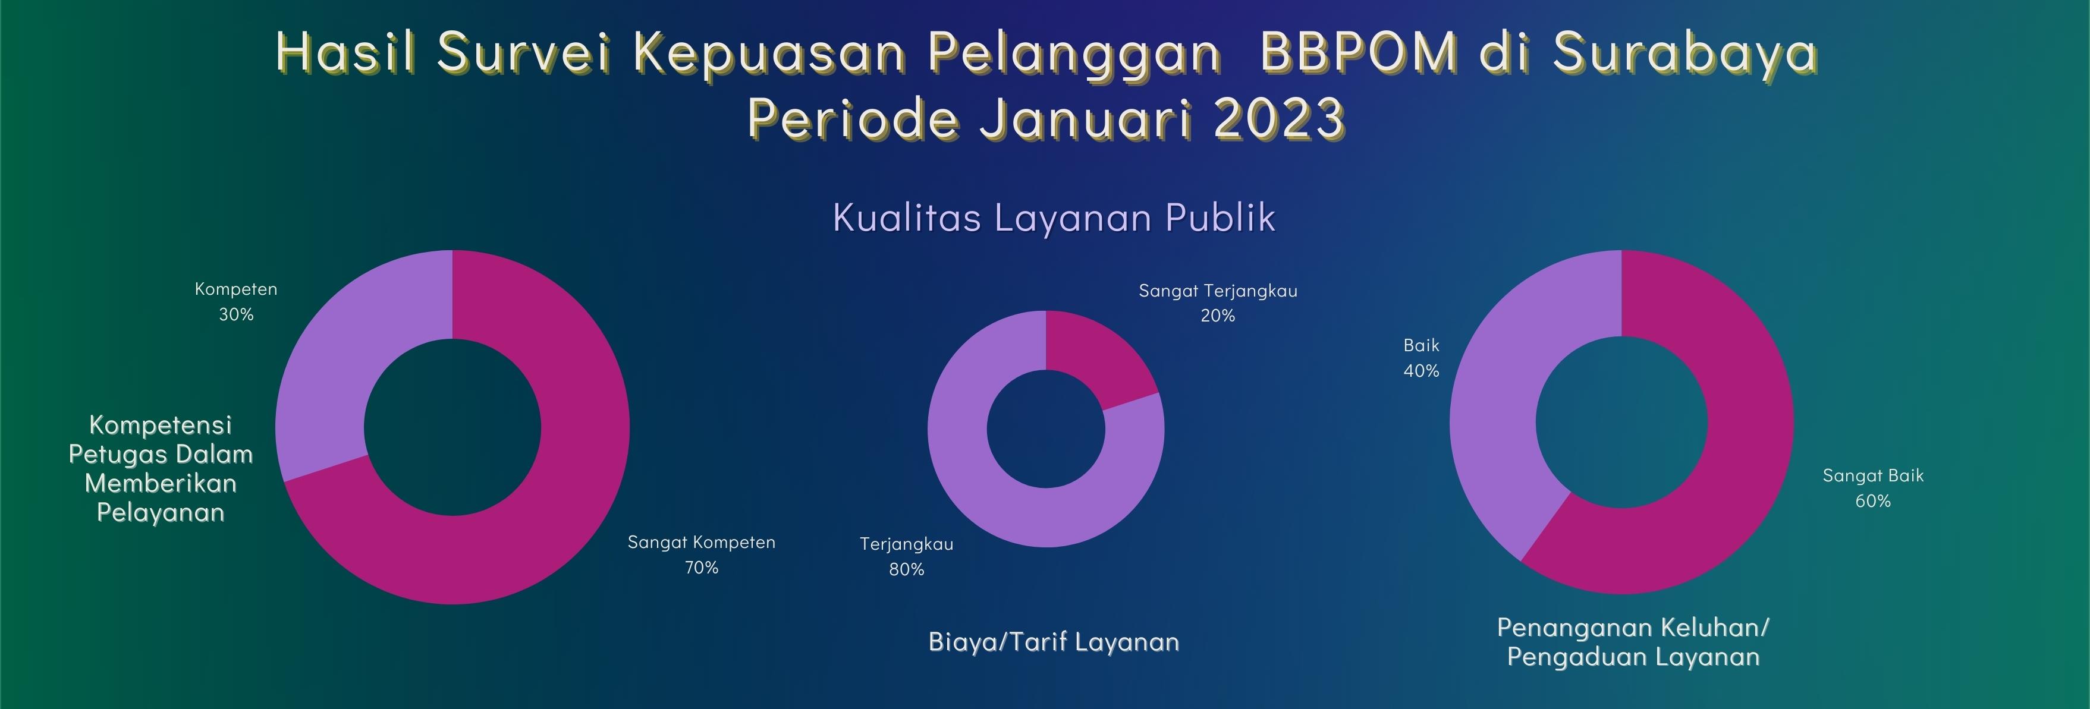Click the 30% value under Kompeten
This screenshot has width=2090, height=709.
click(x=236, y=314)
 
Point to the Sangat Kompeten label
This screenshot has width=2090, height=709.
click(x=702, y=542)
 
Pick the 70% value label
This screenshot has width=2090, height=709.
click(x=702, y=567)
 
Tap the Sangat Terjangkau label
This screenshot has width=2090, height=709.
click(x=1218, y=291)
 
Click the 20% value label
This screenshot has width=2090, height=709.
click(x=1218, y=316)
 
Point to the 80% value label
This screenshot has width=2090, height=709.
click(x=906, y=569)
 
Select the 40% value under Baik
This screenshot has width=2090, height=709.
click(x=1422, y=371)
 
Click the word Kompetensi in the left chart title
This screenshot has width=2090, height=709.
click(x=161, y=424)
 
